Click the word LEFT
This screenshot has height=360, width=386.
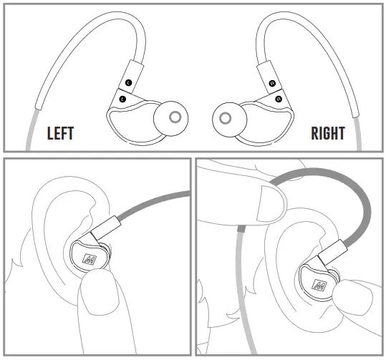60,133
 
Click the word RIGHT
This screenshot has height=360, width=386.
328,133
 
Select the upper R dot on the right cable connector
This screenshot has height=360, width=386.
271,83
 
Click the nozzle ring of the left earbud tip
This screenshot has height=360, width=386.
173,117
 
